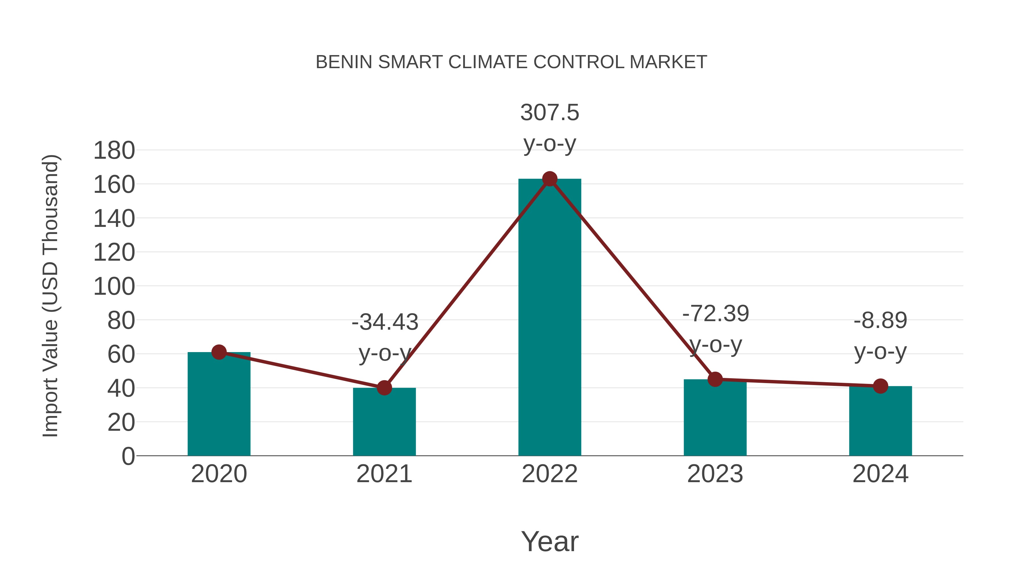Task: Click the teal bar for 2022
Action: click(550, 317)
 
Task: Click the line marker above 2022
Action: click(550, 179)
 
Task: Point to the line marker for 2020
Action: click(219, 352)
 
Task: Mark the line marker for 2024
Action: click(880, 386)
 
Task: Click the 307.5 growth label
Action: click(550, 113)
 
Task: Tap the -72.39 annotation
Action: click(716, 313)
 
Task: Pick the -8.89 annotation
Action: click(880, 321)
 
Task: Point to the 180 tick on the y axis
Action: click(114, 151)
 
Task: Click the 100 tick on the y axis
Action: click(114, 287)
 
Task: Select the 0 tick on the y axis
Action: click(128, 456)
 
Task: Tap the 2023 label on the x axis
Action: click(715, 474)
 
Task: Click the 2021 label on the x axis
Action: click(384, 474)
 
